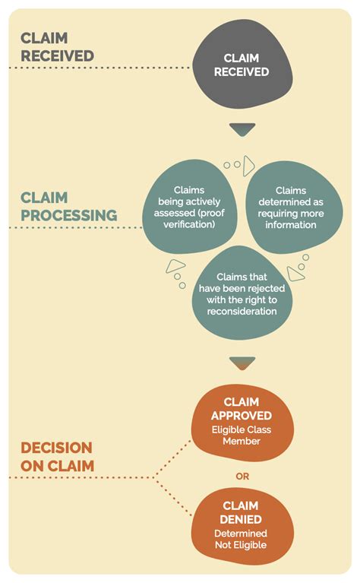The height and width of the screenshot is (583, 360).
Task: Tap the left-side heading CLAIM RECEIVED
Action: [x=57, y=47]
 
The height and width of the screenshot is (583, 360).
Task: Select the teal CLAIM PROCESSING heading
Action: [x=68, y=206]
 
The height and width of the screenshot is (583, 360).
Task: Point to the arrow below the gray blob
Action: [x=243, y=130]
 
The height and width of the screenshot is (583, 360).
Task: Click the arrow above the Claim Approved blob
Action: [x=243, y=363]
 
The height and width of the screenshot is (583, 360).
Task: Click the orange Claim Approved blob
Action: [x=242, y=423]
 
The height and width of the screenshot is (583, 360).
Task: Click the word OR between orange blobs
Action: [x=242, y=477]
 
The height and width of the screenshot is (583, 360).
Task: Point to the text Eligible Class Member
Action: [x=242, y=436]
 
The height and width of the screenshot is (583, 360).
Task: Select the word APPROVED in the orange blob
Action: [x=242, y=416]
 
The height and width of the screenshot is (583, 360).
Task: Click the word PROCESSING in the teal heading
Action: [x=69, y=215]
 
